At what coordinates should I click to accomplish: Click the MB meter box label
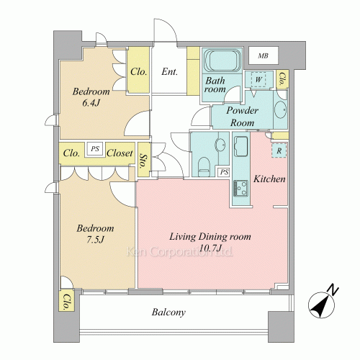(x=263, y=56)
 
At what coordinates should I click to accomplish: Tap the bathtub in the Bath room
(x=222, y=60)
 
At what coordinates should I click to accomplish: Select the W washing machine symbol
(x=258, y=79)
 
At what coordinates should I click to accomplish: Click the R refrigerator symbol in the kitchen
(x=279, y=150)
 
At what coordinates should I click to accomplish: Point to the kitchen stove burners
(x=241, y=189)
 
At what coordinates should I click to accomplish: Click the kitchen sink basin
(x=240, y=146)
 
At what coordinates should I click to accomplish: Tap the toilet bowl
(x=204, y=166)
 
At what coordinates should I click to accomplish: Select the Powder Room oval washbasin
(x=280, y=109)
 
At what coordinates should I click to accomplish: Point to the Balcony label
(x=168, y=312)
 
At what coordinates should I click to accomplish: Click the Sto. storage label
(x=143, y=161)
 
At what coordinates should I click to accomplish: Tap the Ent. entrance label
(x=169, y=71)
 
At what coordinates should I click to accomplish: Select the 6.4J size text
(x=91, y=103)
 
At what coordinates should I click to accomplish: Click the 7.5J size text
(x=95, y=240)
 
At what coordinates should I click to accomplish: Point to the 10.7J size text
(x=210, y=248)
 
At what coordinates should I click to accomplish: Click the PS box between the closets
(x=95, y=149)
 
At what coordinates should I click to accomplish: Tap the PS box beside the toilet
(x=224, y=172)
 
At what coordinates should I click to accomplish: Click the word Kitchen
(x=269, y=179)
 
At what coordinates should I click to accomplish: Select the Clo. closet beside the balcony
(x=66, y=302)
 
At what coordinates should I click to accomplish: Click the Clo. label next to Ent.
(x=138, y=71)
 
